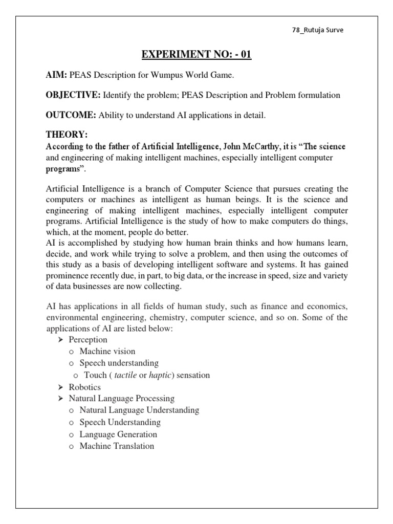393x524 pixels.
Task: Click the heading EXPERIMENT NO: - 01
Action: tap(196, 54)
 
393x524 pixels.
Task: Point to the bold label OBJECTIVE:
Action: tap(73, 95)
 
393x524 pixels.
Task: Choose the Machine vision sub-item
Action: tap(107, 352)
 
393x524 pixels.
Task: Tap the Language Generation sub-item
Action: tap(118, 434)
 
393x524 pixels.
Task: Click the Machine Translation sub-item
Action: tap(117, 446)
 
